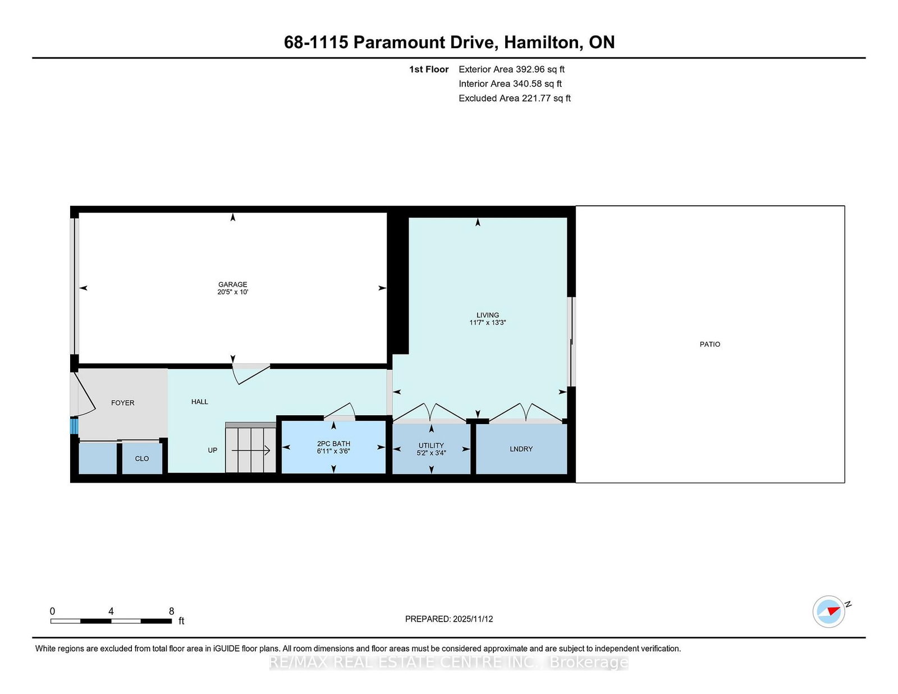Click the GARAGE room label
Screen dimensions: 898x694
(x=233, y=284)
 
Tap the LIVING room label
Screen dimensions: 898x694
(x=488, y=315)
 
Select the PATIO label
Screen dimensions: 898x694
(x=710, y=344)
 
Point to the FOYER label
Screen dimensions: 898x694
(x=123, y=403)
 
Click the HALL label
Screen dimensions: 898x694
(x=200, y=402)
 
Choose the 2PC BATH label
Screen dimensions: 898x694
(x=333, y=444)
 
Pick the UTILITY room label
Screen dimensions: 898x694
(x=431, y=445)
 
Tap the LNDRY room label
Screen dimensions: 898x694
(x=521, y=449)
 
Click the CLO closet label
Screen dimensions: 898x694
(x=142, y=458)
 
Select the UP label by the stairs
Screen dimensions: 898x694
(x=212, y=451)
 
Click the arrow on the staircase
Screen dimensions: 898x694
(x=251, y=451)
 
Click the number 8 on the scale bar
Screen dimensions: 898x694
(x=172, y=611)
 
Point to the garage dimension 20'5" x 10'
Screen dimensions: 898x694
(x=233, y=292)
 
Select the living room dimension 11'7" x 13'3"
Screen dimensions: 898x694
(x=488, y=323)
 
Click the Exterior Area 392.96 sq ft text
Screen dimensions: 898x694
(x=512, y=70)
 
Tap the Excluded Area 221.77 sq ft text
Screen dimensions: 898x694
(x=515, y=98)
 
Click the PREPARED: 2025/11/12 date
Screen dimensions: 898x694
(x=449, y=619)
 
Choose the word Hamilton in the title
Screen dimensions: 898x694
(x=541, y=43)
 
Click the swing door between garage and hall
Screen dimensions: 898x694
(x=251, y=373)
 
